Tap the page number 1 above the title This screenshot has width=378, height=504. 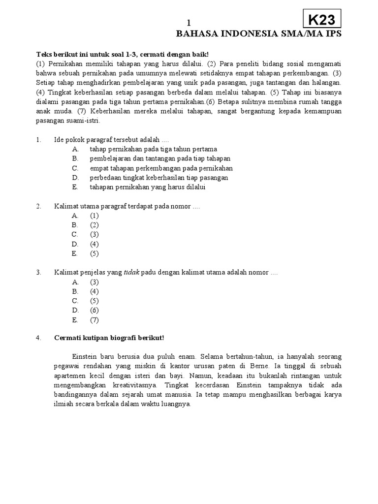pyautogui.click(x=188, y=23)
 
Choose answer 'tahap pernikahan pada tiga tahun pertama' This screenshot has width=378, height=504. pyautogui.click(x=153, y=149)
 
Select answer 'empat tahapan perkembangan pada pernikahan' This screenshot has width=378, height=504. pyautogui.click(x=161, y=168)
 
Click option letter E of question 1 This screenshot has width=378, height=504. pyautogui.click(x=75, y=187)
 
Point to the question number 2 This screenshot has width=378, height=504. pyautogui.click(x=39, y=206)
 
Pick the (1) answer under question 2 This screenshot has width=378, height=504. pyautogui.click(x=94, y=216)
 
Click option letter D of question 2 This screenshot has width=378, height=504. pyautogui.click(x=75, y=244)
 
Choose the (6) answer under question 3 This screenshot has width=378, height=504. pyautogui.click(x=94, y=310)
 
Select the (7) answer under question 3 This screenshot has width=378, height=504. pyautogui.click(x=94, y=320)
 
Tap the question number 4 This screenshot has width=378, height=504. pyautogui.click(x=39, y=338)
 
